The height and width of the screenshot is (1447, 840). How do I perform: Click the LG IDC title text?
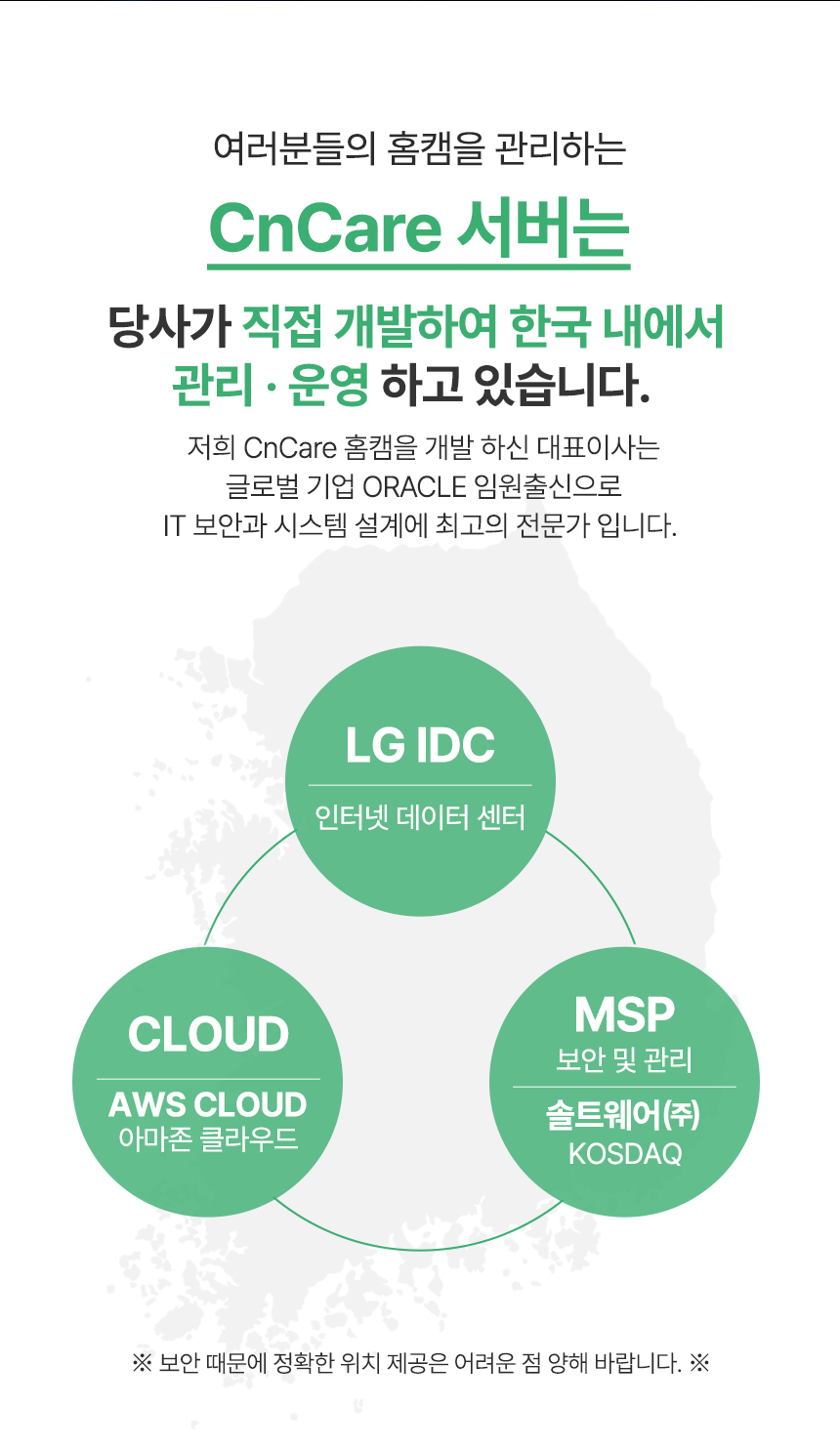(x=420, y=746)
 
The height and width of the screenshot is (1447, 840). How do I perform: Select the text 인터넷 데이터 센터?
(x=420, y=816)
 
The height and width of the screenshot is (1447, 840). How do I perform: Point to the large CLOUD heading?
(x=208, y=1035)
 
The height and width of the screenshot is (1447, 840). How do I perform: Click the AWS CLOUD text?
(x=208, y=1104)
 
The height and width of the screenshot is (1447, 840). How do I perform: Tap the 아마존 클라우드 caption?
(x=208, y=1138)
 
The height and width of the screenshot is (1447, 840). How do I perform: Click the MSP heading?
(x=624, y=1015)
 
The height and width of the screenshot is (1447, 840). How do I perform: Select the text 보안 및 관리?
(x=624, y=1059)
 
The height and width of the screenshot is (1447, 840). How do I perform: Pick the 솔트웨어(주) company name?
(x=623, y=1115)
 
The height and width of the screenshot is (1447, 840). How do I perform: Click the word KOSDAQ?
(x=624, y=1153)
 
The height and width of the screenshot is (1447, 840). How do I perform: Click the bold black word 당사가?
(x=169, y=327)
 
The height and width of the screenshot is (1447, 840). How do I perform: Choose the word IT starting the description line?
(x=174, y=526)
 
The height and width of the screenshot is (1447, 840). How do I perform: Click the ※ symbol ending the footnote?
(x=698, y=1362)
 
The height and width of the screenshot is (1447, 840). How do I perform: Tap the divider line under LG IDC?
(x=420, y=785)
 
